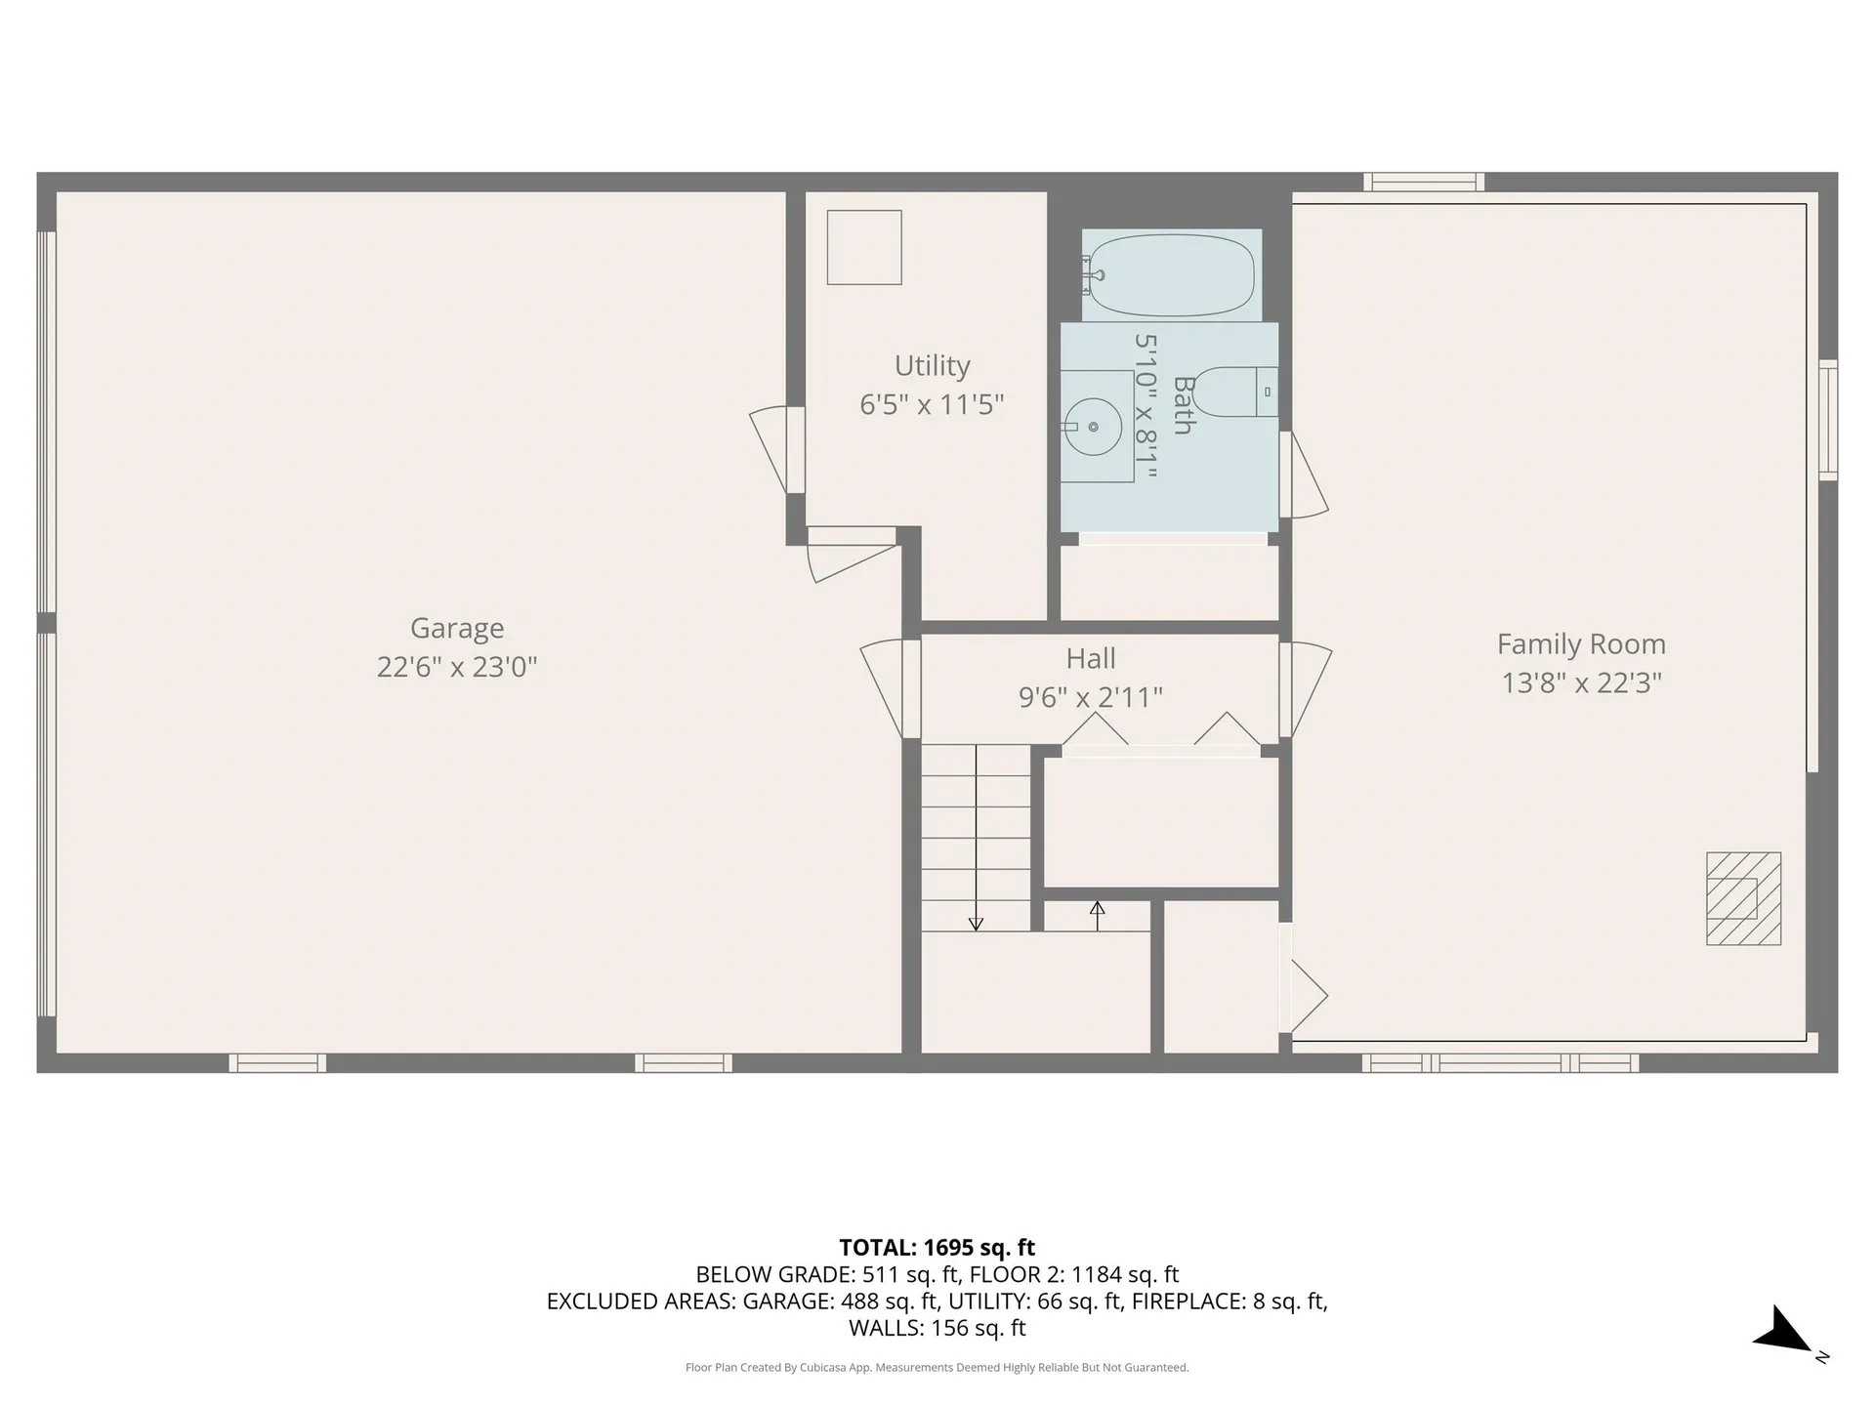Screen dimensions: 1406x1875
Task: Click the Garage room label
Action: click(x=457, y=628)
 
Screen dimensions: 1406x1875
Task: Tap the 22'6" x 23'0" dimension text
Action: click(x=457, y=667)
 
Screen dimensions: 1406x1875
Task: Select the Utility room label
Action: click(x=932, y=365)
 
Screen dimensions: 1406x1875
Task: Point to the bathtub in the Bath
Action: click(x=1172, y=274)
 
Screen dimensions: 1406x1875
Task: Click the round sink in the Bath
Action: click(x=1093, y=427)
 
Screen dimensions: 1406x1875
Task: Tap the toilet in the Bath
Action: click(x=1234, y=393)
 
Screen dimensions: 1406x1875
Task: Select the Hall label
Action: click(x=1090, y=659)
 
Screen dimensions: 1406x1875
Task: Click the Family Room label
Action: click(x=1581, y=644)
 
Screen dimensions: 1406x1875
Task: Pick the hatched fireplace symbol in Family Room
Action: click(x=1743, y=898)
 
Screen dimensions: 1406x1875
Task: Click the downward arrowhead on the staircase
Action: click(x=976, y=923)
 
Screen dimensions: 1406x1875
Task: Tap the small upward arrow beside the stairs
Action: click(x=1097, y=909)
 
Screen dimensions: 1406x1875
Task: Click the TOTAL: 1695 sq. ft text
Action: click(x=937, y=1248)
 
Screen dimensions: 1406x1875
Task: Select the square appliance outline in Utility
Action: click(x=864, y=247)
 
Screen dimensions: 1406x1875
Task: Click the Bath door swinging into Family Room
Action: click(x=1306, y=476)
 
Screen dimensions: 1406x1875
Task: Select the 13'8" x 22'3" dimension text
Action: click(x=1581, y=682)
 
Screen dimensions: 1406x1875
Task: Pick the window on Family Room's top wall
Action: click(x=1424, y=182)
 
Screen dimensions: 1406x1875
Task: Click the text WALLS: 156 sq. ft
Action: click(x=937, y=1328)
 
